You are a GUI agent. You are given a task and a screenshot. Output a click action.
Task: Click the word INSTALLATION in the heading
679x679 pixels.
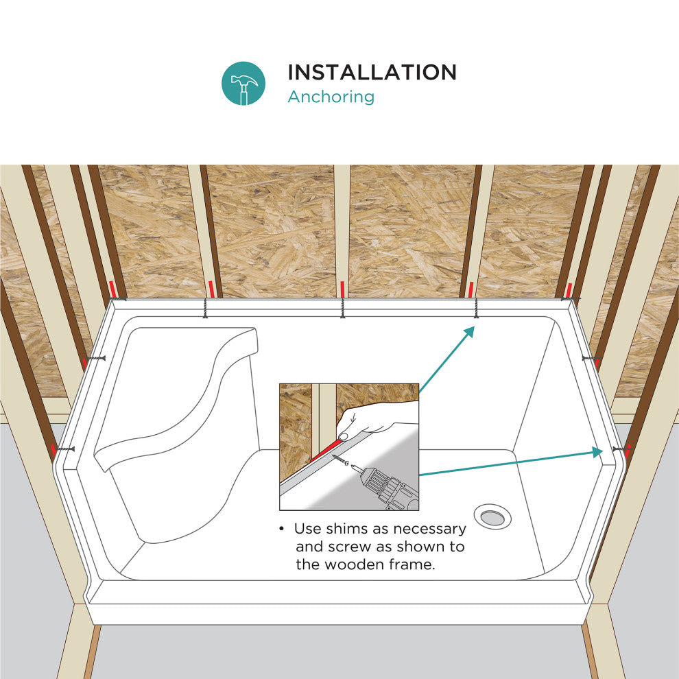click(x=372, y=72)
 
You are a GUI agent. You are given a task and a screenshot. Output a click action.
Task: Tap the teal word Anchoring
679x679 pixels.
click(x=331, y=97)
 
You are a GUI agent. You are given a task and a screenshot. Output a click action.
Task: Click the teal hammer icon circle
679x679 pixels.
click(x=243, y=83)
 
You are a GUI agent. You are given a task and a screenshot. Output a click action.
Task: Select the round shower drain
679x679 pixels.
click(x=492, y=516)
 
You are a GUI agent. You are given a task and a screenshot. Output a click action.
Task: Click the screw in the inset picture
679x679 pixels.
click(x=341, y=460)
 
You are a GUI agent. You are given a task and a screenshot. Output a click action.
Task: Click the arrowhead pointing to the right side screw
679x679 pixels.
click(x=597, y=453)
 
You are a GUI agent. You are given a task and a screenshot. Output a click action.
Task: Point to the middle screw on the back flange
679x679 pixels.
click(x=342, y=308)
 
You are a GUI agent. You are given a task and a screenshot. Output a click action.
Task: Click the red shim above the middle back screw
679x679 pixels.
click(x=342, y=289)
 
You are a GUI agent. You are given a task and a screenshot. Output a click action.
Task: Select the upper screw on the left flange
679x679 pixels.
click(x=95, y=359)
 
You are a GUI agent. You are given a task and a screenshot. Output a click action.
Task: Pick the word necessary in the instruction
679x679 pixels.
click(x=429, y=529)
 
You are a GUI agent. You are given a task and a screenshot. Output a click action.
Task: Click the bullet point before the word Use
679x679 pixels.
click(x=282, y=529)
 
